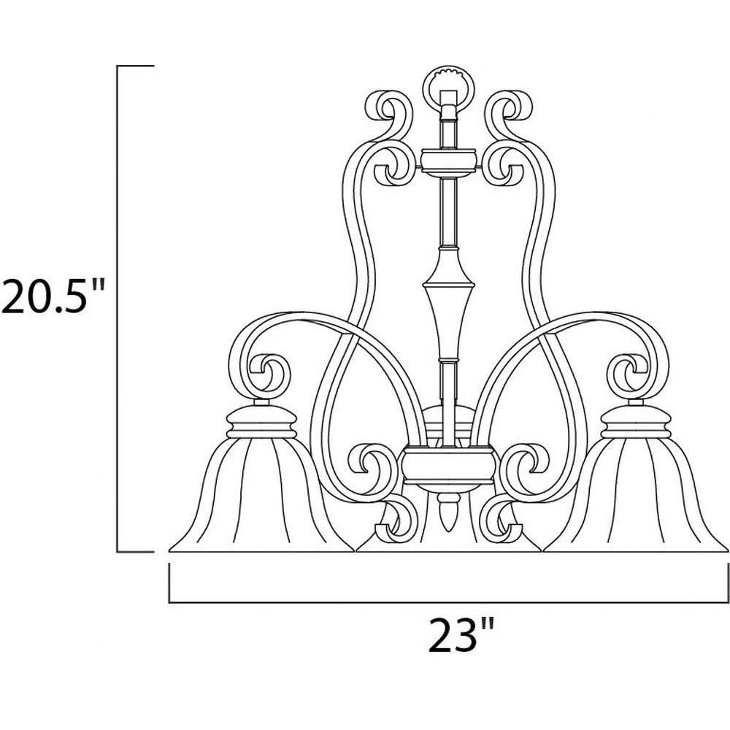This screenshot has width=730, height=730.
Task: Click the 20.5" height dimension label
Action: pyautogui.click(x=51, y=296)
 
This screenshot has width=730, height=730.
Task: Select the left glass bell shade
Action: pyautogui.click(x=261, y=493)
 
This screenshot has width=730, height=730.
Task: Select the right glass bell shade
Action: pyautogui.click(x=636, y=493)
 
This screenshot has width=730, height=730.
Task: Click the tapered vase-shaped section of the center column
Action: pyautogui.click(x=448, y=303)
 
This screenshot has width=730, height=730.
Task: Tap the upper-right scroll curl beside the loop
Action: pyautogui.click(x=508, y=112)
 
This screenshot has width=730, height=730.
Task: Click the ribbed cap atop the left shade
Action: pyautogui.click(x=261, y=421)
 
